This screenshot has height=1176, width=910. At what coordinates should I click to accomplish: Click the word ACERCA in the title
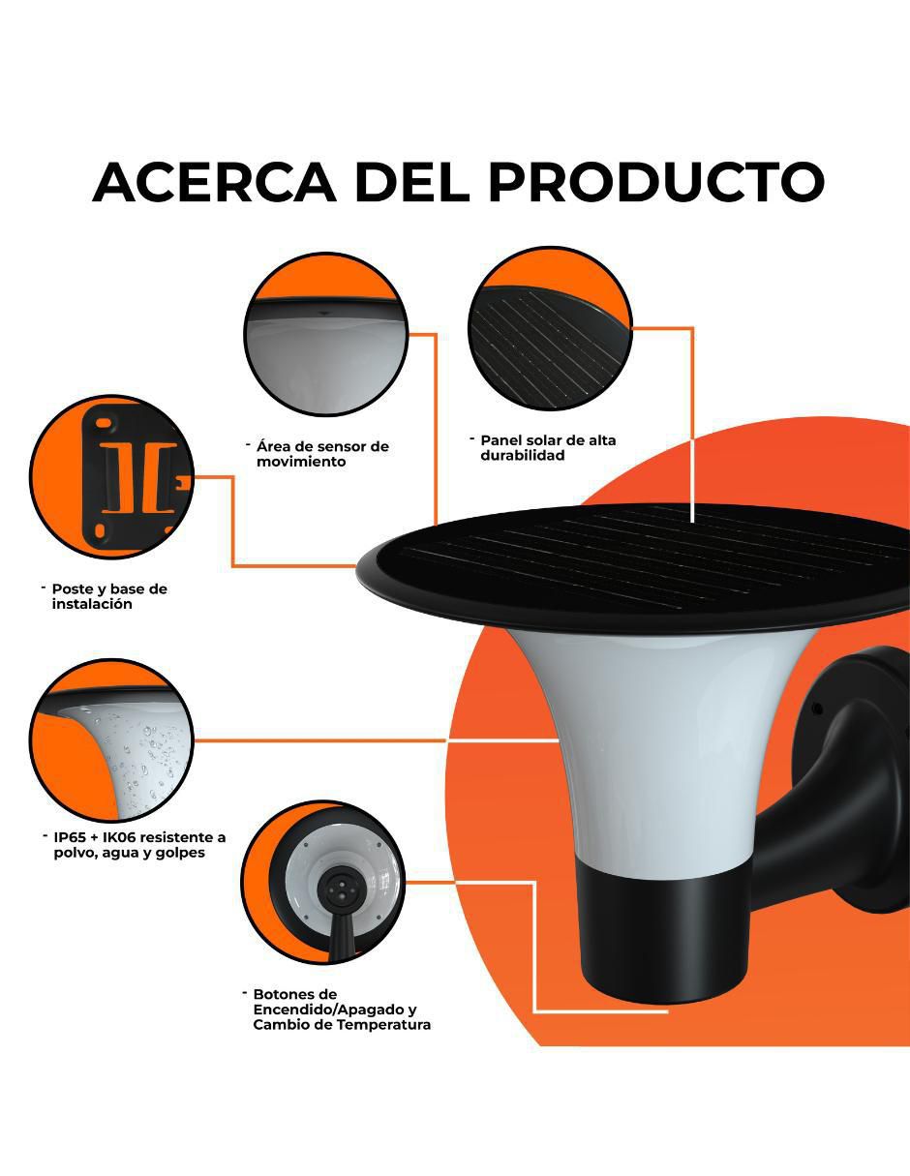tap(215, 182)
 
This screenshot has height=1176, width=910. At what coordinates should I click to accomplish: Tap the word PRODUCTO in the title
tap(656, 182)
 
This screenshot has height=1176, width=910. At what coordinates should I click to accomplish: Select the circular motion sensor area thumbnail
tap(325, 334)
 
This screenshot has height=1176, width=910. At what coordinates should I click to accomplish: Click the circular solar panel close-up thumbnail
tap(550, 328)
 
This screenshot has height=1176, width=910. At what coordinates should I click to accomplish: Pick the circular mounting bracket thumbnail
tap(112, 477)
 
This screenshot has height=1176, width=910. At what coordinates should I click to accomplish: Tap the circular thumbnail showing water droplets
tap(112, 740)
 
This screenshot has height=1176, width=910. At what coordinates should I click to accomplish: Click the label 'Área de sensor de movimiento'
tap(322, 454)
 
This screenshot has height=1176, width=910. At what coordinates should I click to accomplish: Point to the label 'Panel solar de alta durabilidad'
tap(548, 447)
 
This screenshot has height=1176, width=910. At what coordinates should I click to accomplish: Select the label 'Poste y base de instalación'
tap(109, 596)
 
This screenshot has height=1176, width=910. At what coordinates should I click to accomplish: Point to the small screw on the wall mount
tap(817, 708)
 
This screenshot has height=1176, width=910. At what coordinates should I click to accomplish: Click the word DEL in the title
tap(412, 182)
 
